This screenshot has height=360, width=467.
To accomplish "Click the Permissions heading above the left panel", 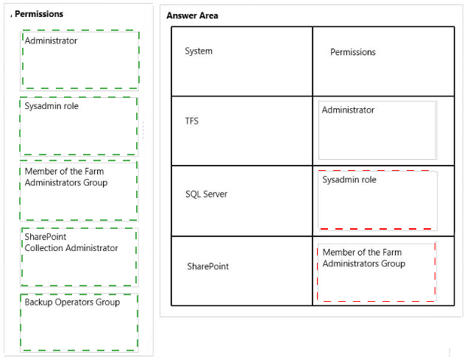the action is tap(39, 14).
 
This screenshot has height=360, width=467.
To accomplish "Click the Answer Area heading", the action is tap(192, 15).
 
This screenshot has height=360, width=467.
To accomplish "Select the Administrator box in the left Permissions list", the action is tap(79, 60).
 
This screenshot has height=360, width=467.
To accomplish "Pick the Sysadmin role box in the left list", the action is tap(79, 126).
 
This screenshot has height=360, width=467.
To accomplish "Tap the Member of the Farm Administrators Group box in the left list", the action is tap(79, 191).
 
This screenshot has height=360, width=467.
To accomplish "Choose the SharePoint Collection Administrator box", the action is tap(79, 257).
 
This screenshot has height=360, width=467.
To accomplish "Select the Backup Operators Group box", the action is tap(79, 322).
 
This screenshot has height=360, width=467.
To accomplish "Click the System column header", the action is tap(199, 51).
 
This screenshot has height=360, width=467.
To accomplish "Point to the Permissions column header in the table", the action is tap(353, 52).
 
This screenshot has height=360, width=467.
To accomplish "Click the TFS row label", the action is tap(192, 121).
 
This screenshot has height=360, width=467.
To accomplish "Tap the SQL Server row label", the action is tap(207, 194).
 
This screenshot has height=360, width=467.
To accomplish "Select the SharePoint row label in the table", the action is tap(208, 266).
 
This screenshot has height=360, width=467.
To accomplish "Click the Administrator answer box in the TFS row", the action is tap(378, 130).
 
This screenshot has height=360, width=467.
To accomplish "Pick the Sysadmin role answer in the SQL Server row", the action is tap(378, 200).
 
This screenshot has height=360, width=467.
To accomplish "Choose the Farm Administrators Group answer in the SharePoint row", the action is tap(377, 272).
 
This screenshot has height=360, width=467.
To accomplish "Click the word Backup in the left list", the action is tap(39, 302).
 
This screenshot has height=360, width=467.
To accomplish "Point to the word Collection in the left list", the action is tap(44, 248).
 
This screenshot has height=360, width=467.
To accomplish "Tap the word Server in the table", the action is tap(217, 194).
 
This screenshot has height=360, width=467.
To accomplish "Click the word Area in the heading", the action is tap(209, 15).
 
